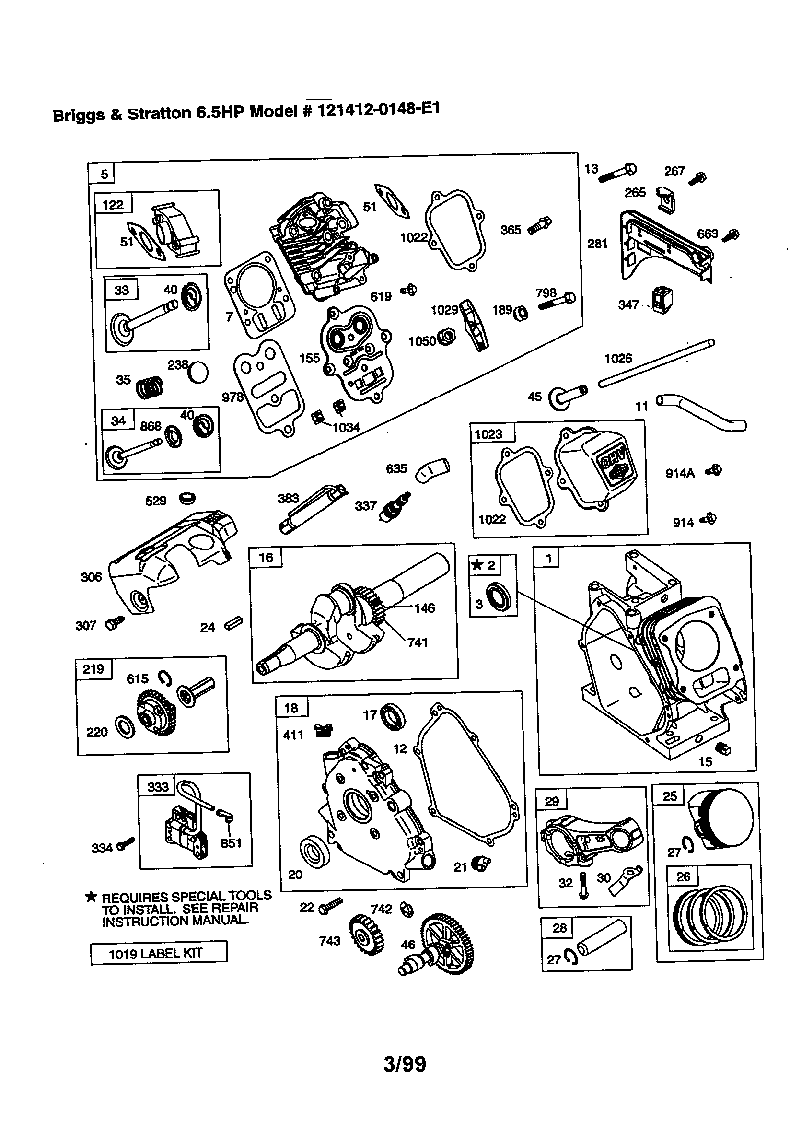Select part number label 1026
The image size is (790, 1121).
[x=618, y=358]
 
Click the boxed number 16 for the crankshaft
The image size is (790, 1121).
[x=266, y=558]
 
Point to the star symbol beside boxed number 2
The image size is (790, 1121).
[x=476, y=565]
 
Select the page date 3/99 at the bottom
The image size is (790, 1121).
[x=404, y=1064]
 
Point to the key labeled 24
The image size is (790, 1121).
[x=233, y=623]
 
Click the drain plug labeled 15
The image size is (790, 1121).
[x=722, y=748]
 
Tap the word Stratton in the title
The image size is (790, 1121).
[x=159, y=113]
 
